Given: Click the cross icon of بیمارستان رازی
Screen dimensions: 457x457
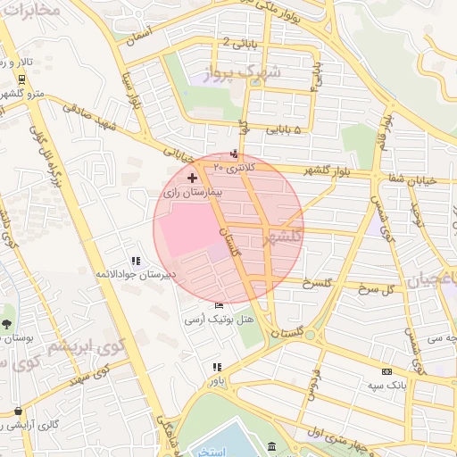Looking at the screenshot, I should click(x=192, y=179).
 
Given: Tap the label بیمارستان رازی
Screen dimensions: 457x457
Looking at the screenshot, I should click(x=191, y=192).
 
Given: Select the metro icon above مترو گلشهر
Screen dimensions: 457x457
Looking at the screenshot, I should click(x=21, y=79).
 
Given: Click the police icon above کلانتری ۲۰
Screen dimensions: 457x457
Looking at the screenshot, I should click(x=235, y=154).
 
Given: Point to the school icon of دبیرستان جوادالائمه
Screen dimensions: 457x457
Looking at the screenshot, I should click(x=136, y=261).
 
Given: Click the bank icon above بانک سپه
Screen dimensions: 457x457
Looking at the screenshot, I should click(x=386, y=371).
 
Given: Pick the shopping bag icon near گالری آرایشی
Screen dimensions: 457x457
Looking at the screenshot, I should click(x=18, y=411).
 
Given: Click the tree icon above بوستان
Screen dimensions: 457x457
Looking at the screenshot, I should click(x=7, y=324).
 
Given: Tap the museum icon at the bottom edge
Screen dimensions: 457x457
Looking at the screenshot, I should click(x=271, y=446).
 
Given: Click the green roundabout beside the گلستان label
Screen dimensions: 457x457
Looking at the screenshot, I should click(x=310, y=336).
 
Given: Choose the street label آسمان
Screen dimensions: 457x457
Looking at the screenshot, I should click(x=141, y=36).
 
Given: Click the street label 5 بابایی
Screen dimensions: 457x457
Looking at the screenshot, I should click(x=285, y=129).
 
